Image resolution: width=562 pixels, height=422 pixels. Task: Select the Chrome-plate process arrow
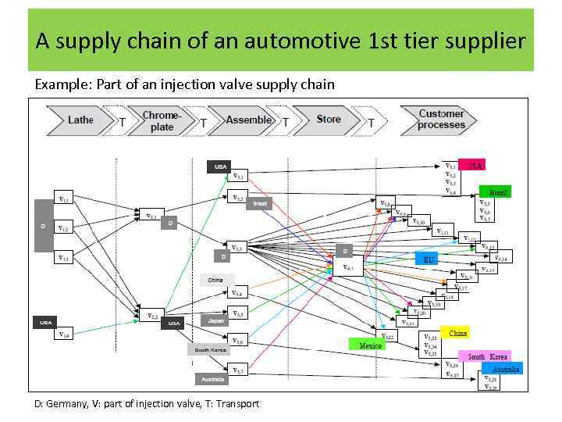(162, 121)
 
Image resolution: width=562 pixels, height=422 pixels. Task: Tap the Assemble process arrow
(247, 121)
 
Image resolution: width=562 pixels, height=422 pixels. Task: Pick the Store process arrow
(329, 120)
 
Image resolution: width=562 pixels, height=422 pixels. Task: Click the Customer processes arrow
(441, 120)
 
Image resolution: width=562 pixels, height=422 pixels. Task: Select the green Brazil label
(497, 191)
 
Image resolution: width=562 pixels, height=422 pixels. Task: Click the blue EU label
(429, 259)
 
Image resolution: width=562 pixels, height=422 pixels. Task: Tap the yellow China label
(457, 333)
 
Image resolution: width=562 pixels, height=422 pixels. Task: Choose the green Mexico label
(370, 345)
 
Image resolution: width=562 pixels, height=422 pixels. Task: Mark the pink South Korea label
(487, 356)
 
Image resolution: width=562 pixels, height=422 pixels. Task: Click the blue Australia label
(505, 369)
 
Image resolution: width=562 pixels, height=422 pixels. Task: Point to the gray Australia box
(213, 379)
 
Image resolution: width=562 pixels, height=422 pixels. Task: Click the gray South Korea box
(210, 350)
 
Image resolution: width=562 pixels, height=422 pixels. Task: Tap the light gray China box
(216, 279)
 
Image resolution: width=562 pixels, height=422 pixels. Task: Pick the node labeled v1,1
(66, 200)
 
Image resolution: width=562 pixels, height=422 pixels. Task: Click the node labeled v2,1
(152, 216)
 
